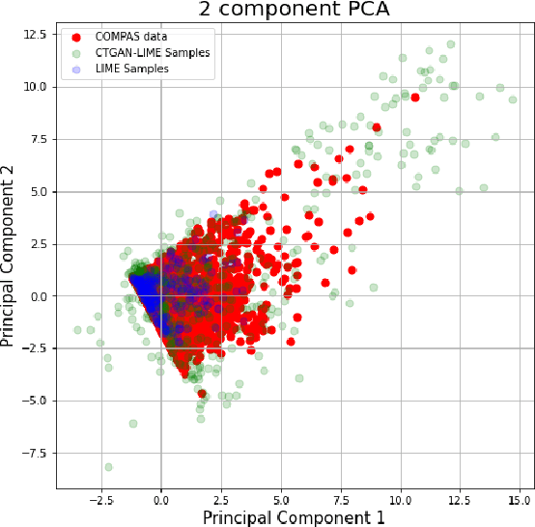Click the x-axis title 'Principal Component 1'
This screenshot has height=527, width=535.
294,517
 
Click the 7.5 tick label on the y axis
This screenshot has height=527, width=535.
36,139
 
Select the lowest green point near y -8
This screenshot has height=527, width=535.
108,467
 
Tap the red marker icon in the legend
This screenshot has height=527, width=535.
77,37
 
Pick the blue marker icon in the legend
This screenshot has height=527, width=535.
77,69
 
